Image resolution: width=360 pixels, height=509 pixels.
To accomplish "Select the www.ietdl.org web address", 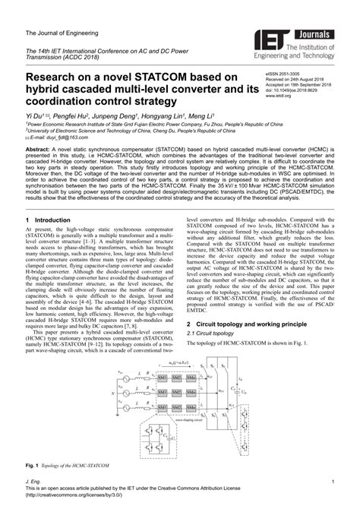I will tap(280, 97).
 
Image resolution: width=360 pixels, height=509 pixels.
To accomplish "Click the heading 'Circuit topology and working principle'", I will tap(251, 324).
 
